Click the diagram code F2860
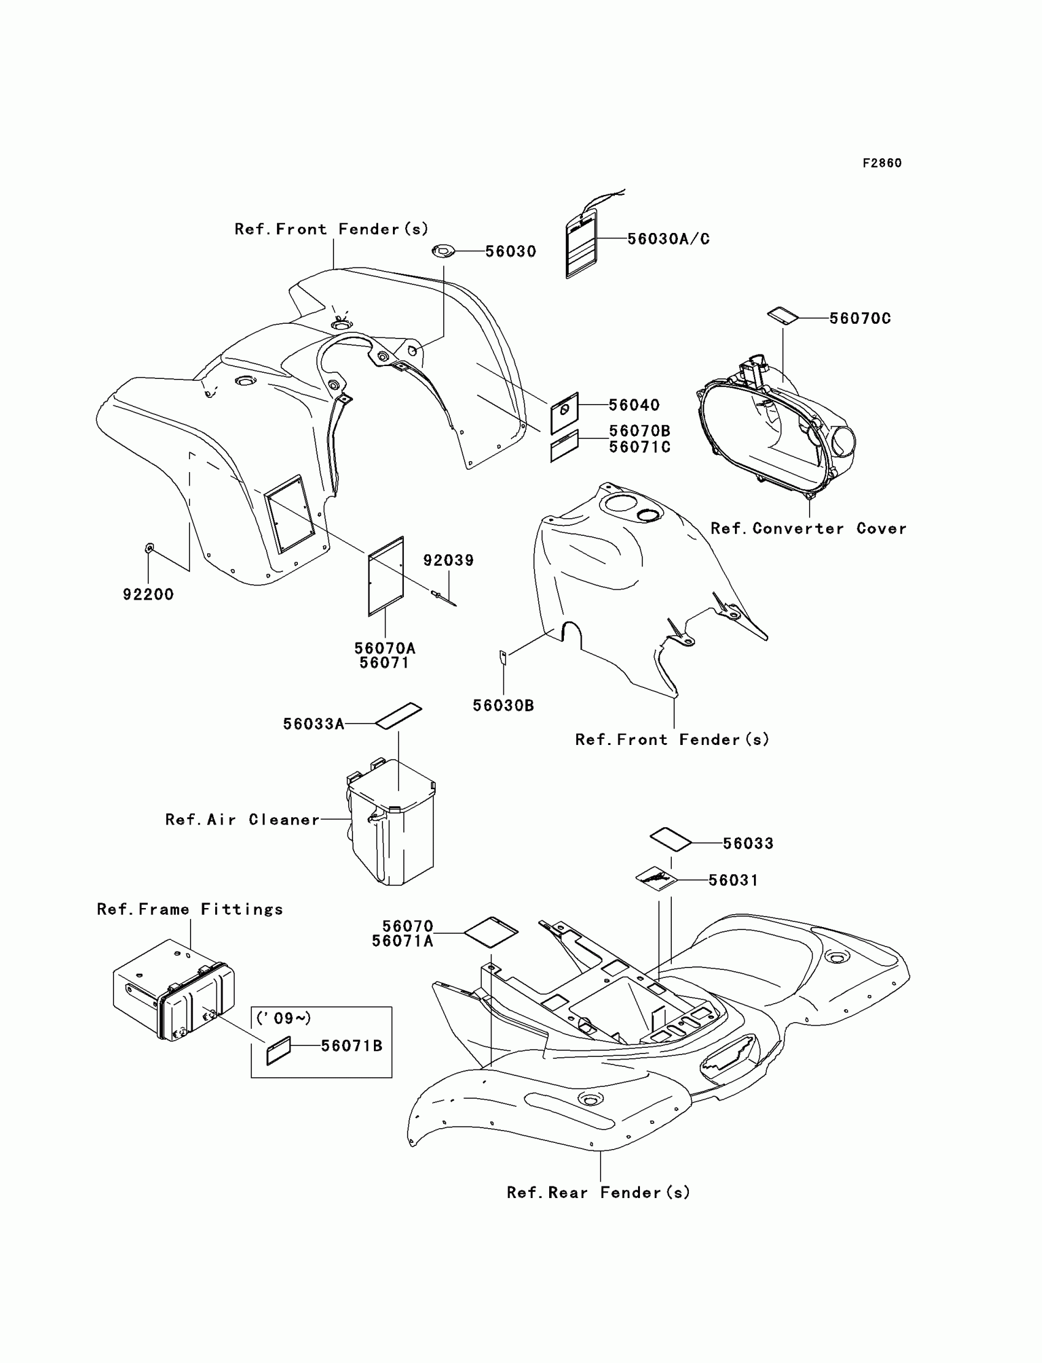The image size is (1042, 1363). pyautogui.click(x=881, y=163)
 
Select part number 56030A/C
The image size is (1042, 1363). pyautogui.click(x=668, y=239)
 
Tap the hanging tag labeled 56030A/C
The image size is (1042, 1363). pyautogui.click(x=580, y=243)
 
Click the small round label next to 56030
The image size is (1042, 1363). pyautogui.click(x=443, y=251)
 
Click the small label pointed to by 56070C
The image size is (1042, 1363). pyautogui.click(x=783, y=315)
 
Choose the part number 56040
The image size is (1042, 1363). pyautogui.click(x=634, y=405)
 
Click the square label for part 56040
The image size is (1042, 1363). pyautogui.click(x=564, y=412)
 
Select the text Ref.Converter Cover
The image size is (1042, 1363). pyautogui.click(x=808, y=529)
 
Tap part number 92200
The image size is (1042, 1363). pyautogui.click(x=148, y=594)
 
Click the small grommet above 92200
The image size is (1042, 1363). pyautogui.click(x=149, y=548)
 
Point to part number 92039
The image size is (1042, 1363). pyautogui.click(x=449, y=560)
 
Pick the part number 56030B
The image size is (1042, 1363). pyautogui.click(x=503, y=705)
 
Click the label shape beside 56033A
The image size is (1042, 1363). pyautogui.click(x=398, y=716)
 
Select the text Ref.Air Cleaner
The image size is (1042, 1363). pyautogui.click(x=243, y=820)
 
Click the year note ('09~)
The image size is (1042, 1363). pyautogui.click(x=283, y=1018)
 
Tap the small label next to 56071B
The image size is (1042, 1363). pyautogui.click(x=278, y=1050)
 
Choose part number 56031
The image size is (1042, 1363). pyautogui.click(x=733, y=880)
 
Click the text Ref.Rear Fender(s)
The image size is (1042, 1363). pyautogui.click(x=598, y=1193)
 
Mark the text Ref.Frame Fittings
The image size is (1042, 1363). pyautogui.click(x=190, y=909)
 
